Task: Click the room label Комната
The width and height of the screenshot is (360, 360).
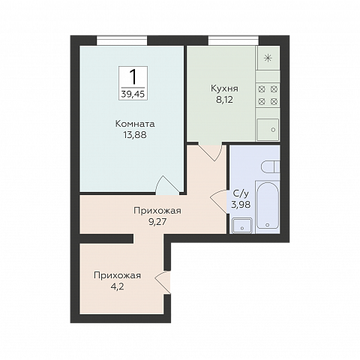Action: coord(135,124)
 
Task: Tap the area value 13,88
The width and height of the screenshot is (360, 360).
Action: coord(135,135)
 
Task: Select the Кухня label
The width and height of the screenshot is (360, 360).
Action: coord(224,88)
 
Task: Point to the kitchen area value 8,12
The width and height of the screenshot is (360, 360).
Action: coord(224,100)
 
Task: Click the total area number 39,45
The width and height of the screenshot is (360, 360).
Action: coord(133,94)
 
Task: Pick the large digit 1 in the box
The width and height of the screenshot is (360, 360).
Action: coord(133,76)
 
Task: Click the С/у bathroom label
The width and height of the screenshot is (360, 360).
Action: coord(241,193)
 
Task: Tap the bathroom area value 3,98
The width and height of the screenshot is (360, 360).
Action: coord(241,205)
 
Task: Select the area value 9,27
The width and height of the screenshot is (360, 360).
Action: coord(157,222)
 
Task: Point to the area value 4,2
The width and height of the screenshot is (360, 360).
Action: coord(117,286)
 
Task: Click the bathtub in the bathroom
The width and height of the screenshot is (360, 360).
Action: coord(268,205)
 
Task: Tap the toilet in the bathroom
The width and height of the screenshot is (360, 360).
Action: coord(271,166)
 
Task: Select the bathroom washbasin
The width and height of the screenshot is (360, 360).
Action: coord(242,225)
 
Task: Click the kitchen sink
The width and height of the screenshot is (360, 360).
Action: coord(268,130)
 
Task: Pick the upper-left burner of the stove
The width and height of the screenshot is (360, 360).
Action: coord(262,88)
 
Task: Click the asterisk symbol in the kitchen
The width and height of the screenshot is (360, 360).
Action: coord(268,58)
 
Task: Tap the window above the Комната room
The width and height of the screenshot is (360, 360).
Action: coord(121,40)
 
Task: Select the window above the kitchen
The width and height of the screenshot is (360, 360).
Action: coord(233,40)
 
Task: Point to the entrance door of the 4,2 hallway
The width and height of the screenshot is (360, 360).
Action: coord(163,282)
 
